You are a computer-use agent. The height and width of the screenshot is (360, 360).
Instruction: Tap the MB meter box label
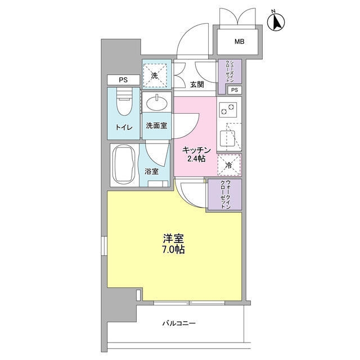point(239,41)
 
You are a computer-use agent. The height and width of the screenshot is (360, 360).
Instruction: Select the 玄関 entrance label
point(196,84)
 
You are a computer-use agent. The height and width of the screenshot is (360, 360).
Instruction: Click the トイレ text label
point(124,127)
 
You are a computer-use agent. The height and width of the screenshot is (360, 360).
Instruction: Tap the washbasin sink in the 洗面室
point(156,104)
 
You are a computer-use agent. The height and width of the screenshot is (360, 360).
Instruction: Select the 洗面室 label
point(156,125)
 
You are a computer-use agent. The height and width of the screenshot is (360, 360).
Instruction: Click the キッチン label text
point(195,150)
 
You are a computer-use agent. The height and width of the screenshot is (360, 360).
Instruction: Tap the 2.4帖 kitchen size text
point(196,159)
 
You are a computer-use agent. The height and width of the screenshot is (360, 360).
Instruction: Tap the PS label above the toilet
point(123,80)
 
